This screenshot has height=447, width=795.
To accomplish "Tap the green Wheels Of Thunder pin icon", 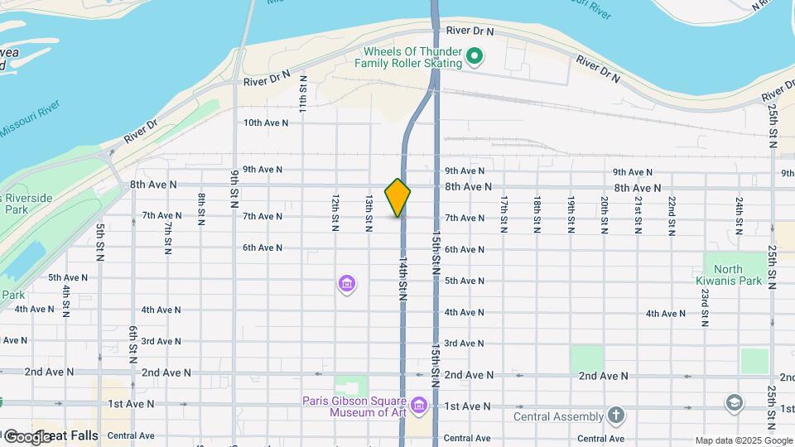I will (474, 57).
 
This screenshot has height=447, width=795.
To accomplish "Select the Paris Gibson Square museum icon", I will (419, 405).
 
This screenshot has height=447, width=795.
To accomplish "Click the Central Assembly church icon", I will (615, 415).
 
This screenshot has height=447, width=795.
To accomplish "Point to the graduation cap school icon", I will (733, 403).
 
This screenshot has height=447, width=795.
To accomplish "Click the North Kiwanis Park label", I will (738, 275).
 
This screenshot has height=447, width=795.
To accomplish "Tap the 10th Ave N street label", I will (266, 123).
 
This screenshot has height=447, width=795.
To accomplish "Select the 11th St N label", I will (304, 94).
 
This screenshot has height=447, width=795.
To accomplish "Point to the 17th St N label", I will (503, 214).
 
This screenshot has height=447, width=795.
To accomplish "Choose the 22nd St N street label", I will (672, 214).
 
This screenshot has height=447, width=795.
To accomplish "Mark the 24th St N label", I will (739, 214).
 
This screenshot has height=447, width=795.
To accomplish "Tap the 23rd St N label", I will (704, 308).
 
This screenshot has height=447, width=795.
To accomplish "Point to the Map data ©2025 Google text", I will (743, 440).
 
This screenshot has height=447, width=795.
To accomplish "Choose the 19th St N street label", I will (571, 214).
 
